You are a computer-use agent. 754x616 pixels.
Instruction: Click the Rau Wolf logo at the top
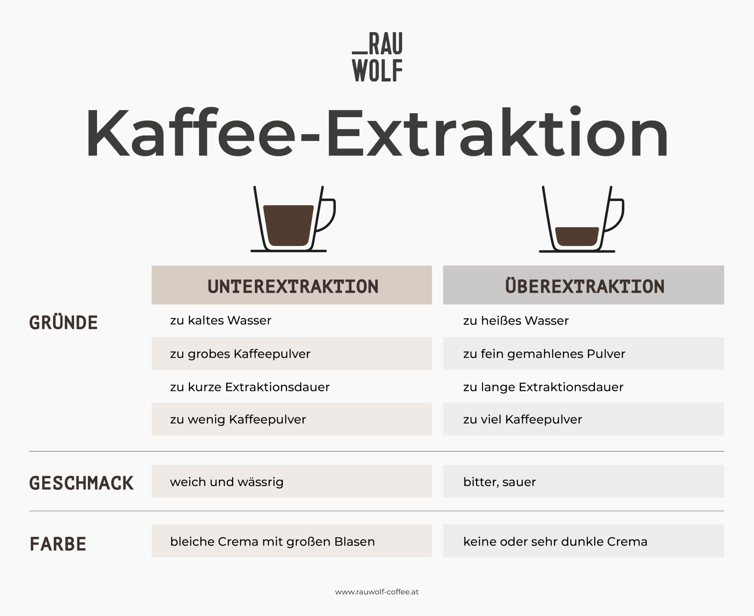pyautogui.click(x=377, y=57)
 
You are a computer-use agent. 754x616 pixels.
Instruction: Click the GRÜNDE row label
pyautogui.click(x=63, y=323)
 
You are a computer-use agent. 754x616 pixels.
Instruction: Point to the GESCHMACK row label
pyautogui.click(x=81, y=483)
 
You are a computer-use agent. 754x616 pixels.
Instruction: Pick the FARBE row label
pyautogui.click(x=58, y=544)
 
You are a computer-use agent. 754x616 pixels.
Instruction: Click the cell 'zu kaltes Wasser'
pyautogui.click(x=221, y=321)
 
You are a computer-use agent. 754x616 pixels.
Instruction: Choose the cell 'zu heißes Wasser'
pyautogui.click(x=516, y=321)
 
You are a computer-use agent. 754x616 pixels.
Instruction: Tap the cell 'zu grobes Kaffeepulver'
pyautogui.click(x=240, y=354)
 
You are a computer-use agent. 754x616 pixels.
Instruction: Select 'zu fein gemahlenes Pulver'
pyautogui.click(x=544, y=354)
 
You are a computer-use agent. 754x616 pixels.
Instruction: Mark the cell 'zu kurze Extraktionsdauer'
pyautogui.click(x=250, y=387)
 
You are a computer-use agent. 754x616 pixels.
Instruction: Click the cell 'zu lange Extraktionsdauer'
pyautogui.click(x=543, y=387)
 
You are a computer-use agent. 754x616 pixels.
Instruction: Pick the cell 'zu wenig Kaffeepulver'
pyautogui.click(x=238, y=419)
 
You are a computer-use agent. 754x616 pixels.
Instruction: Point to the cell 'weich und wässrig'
pyautogui.click(x=227, y=482)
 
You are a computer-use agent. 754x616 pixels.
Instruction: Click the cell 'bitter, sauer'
pyautogui.click(x=500, y=482)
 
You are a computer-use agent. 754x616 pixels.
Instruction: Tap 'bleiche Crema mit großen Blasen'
pyautogui.click(x=272, y=541)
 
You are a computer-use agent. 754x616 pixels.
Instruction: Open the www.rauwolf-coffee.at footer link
pyautogui.click(x=377, y=592)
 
